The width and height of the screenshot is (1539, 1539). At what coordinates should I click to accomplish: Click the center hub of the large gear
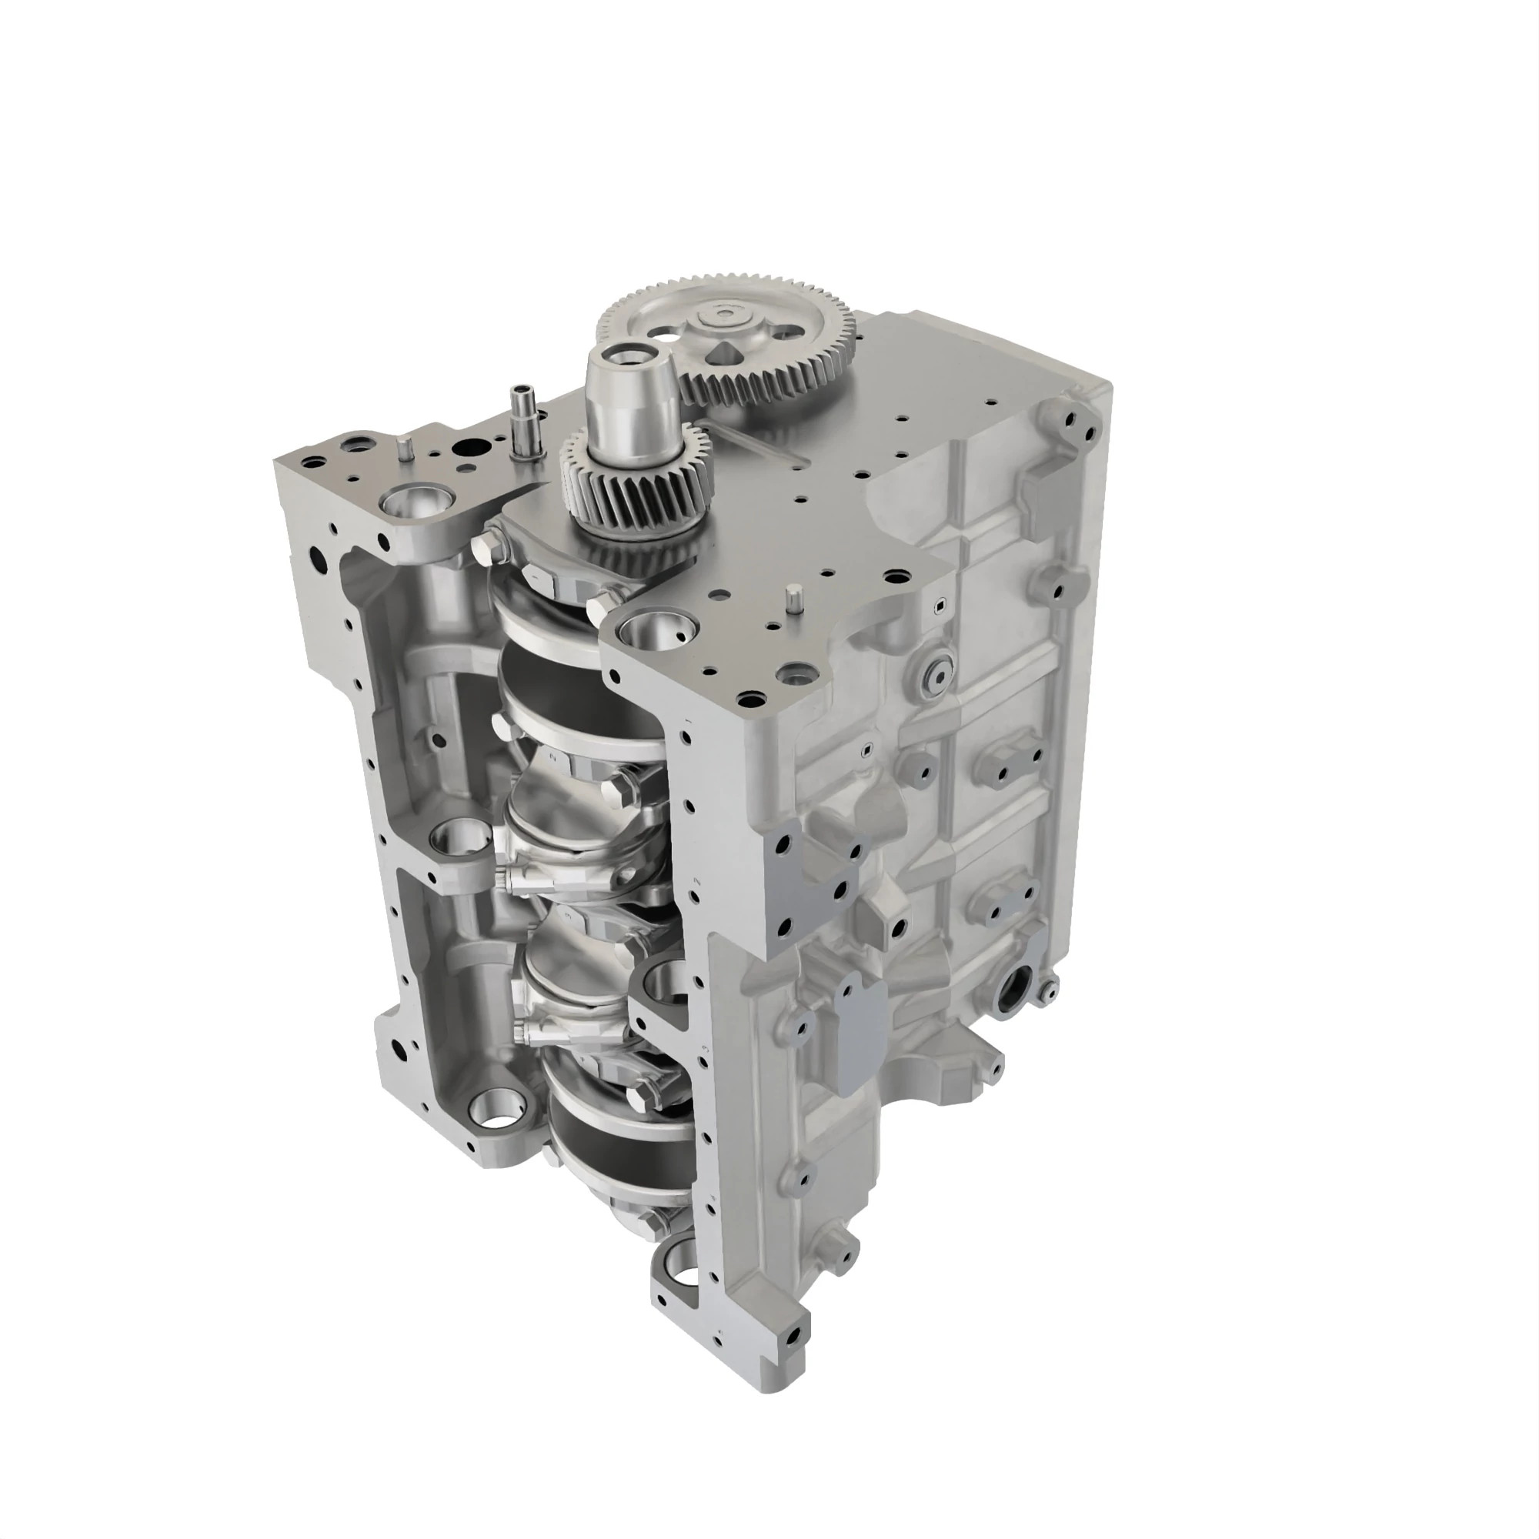point(723,316)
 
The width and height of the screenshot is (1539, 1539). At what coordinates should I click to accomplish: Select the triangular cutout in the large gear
point(726,354)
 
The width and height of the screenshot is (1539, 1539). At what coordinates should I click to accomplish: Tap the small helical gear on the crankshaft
point(633,476)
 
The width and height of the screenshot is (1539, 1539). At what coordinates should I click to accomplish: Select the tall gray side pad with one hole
point(860,1035)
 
